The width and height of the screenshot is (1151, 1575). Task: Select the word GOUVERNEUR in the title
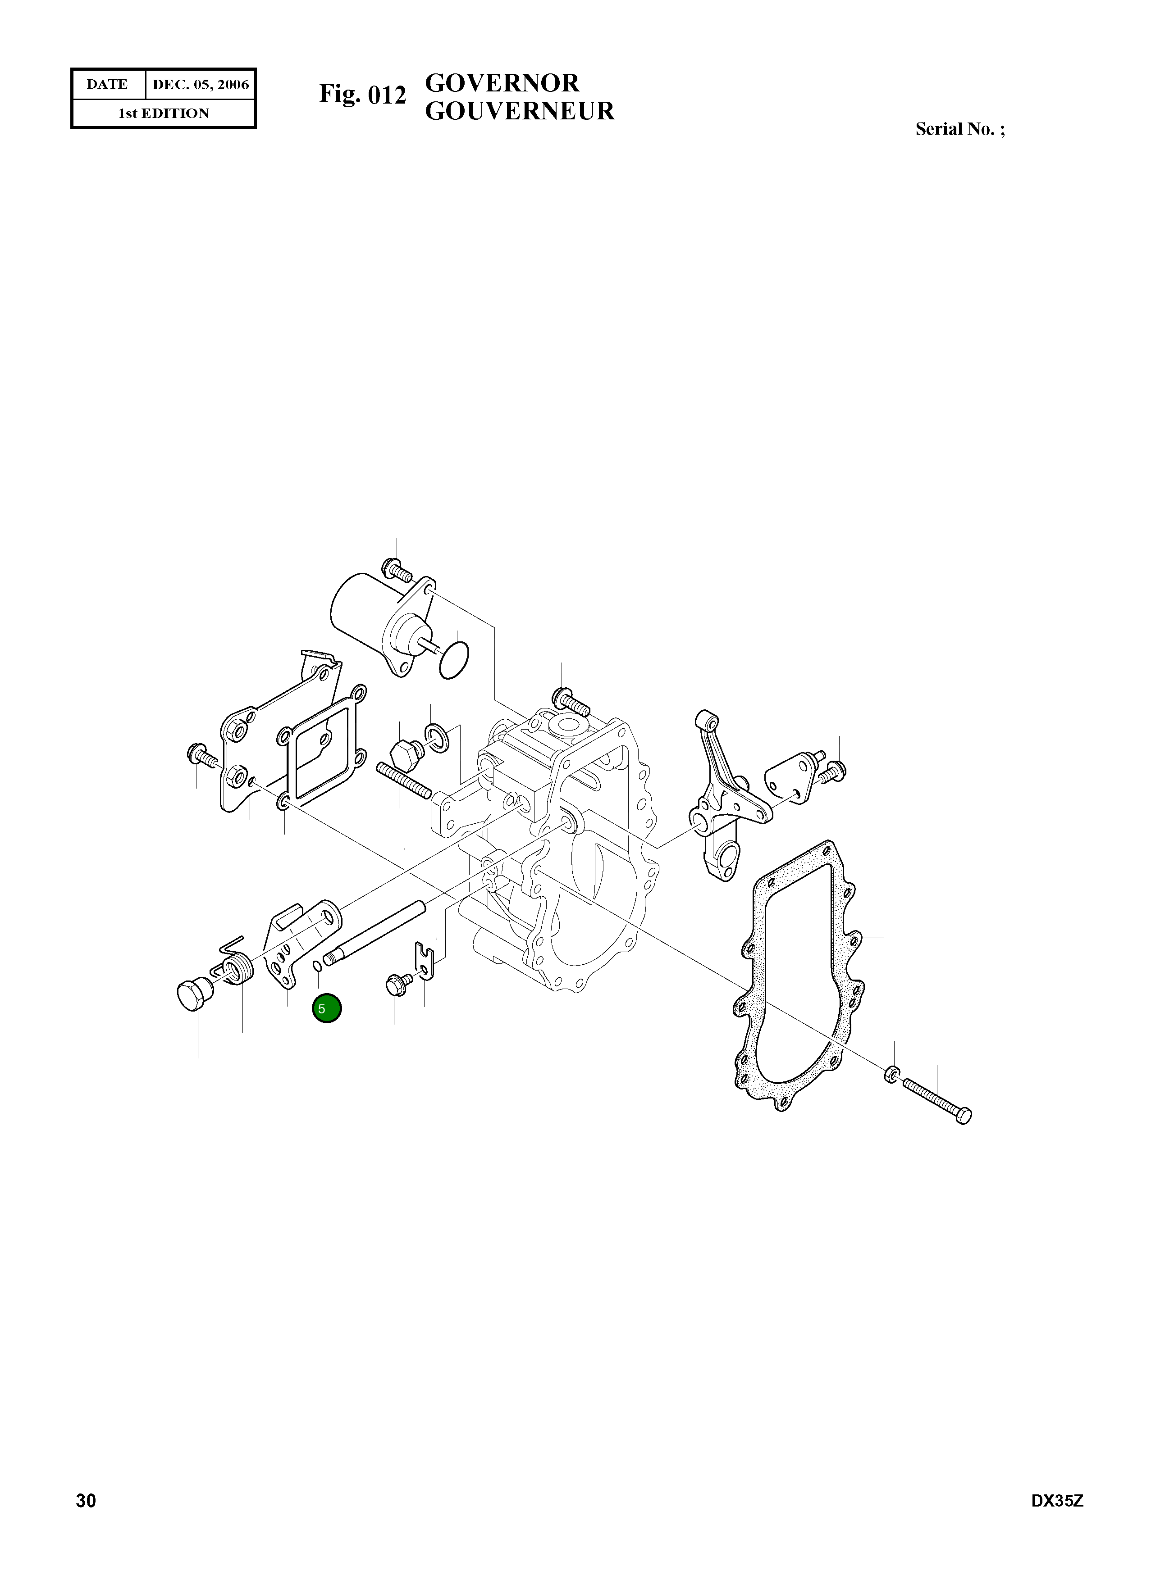pos(520,111)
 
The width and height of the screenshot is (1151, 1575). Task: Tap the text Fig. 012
pos(362,94)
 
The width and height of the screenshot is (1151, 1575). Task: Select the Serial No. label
pos(959,130)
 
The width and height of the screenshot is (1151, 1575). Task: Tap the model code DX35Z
pos(1057,1520)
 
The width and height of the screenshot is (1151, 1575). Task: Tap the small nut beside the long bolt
pos(892,1074)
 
